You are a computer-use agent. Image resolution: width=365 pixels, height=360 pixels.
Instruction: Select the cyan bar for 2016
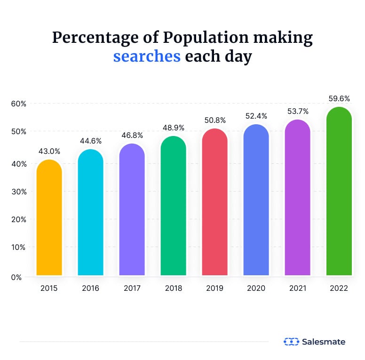(90, 212)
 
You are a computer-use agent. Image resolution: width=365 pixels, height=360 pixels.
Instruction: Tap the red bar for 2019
(214, 202)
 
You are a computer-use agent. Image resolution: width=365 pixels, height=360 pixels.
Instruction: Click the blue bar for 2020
(256, 200)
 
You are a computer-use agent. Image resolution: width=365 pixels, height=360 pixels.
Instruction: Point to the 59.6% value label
(339, 99)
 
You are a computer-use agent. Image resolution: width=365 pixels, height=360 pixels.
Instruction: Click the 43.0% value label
(49, 152)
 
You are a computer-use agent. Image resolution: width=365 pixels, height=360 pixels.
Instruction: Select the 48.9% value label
(173, 128)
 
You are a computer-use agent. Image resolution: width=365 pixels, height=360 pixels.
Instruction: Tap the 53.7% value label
(297, 112)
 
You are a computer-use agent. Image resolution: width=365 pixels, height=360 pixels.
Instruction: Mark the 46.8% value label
(132, 136)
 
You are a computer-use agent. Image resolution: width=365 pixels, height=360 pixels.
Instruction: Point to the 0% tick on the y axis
(17, 277)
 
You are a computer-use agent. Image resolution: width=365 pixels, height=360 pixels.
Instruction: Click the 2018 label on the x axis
(173, 288)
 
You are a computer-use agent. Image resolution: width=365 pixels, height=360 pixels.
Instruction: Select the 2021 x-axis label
(297, 288)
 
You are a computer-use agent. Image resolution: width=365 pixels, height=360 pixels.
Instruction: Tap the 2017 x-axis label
(132, 288)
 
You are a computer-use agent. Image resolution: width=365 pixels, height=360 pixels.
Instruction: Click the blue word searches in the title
(147, 56)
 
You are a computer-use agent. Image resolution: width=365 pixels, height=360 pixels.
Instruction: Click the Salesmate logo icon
(291, 342)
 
